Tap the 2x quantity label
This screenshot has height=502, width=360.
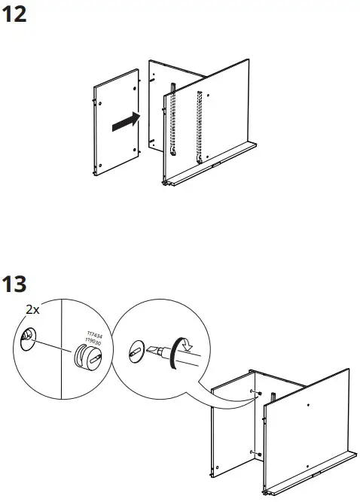tap(32, 309)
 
